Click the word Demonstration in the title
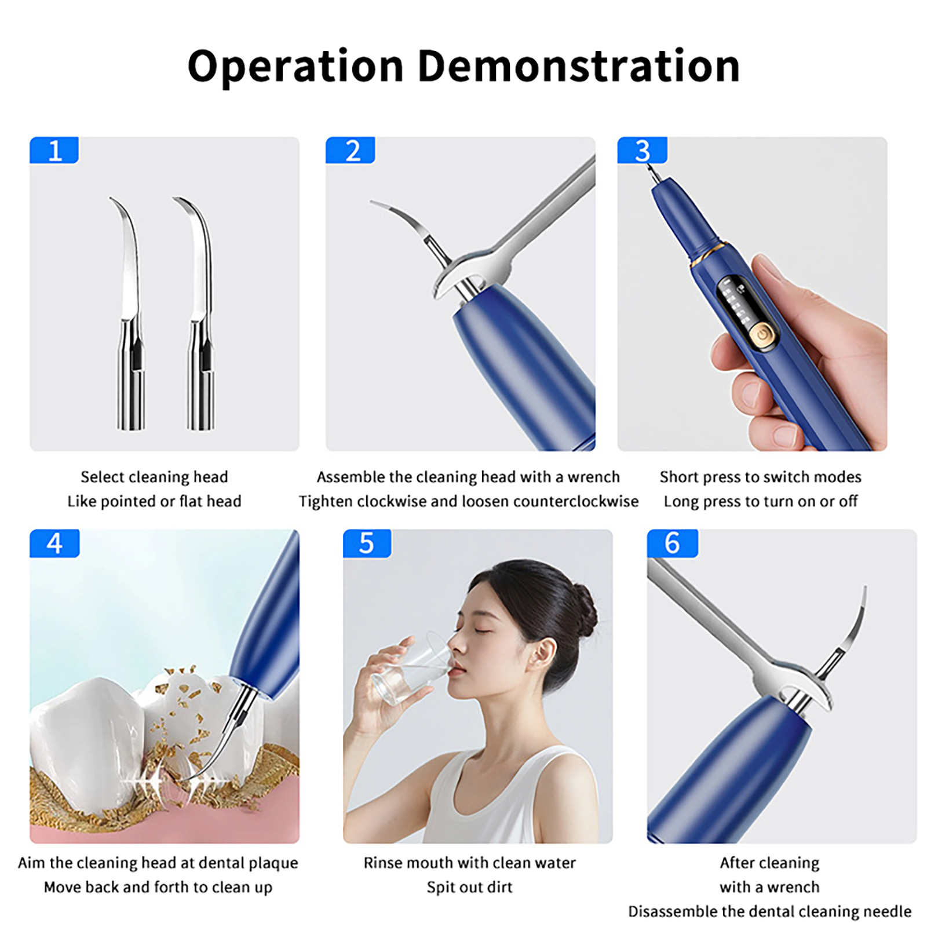click(x=578, y=66)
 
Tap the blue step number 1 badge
click(x=54, y=151)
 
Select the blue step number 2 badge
click(x=351, y=151)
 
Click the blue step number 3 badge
click(x=642, y=151)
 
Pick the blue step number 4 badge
click(x=54, y=543)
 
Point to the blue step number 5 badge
click(x=367, y=543)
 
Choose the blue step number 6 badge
click(x=672, y=543)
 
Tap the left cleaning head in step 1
click(x=130, y=313)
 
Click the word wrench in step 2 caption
click(x=593, y=477)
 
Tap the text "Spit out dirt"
click(x=470, y=887)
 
